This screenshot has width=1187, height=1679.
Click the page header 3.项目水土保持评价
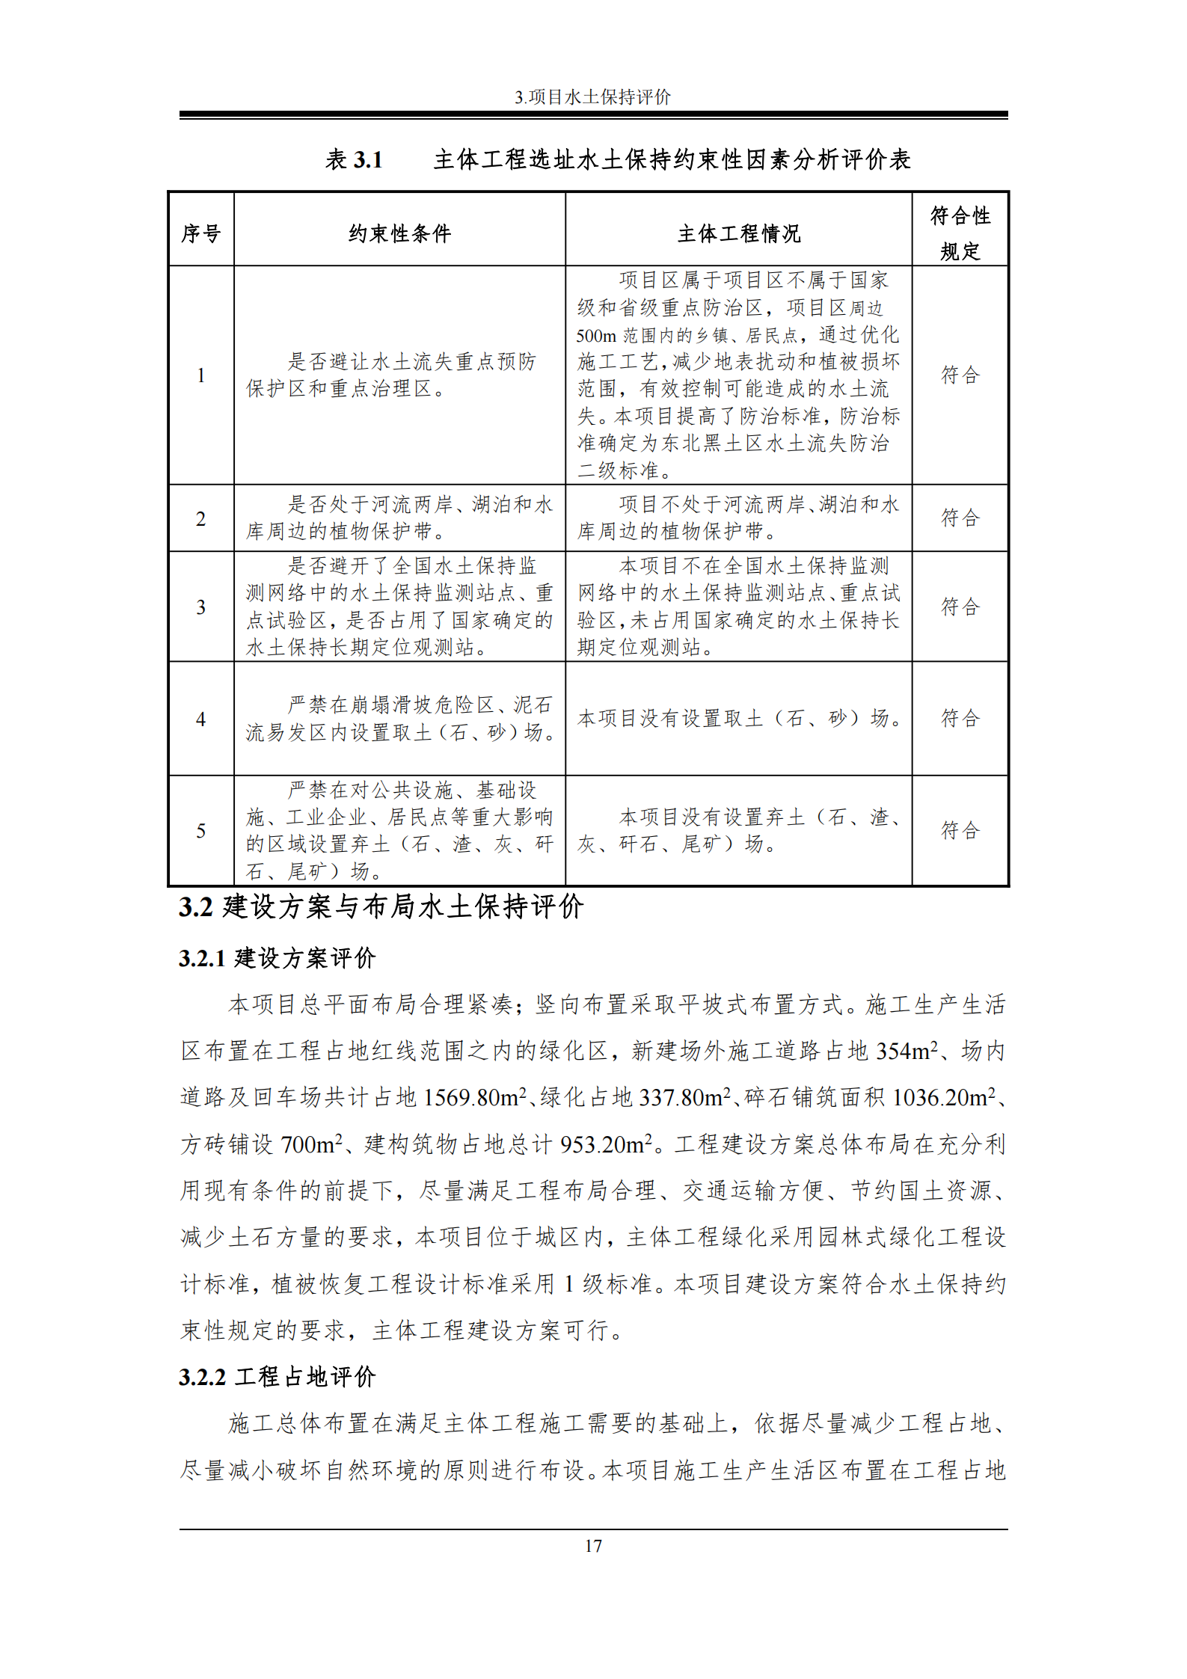pos(592,96)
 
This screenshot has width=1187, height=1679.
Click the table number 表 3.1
pos(354,159)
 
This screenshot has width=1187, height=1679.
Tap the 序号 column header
pos(201,234)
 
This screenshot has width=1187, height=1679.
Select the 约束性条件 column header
pos(399,234)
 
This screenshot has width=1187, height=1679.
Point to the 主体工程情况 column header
pos(738,234)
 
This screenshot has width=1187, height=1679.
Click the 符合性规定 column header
pos(960,233)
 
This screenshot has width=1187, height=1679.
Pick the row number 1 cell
pos(201,375)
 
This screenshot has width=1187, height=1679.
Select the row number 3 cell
pos(201,607)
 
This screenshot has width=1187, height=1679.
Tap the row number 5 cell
pos(201,830)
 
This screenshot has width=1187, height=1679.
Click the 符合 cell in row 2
pos(960,518)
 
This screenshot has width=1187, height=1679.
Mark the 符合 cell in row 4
pos(960,718)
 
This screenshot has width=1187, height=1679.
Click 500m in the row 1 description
pos(596,336)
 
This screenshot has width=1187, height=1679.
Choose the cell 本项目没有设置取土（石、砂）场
pos(738,718)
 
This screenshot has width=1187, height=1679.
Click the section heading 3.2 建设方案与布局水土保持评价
pos(381,906)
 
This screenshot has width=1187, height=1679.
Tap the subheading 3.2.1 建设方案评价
pos(277,958)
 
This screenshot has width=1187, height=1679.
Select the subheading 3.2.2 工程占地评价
pos(277,1377)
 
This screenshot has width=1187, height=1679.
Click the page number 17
pos(593,1546)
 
